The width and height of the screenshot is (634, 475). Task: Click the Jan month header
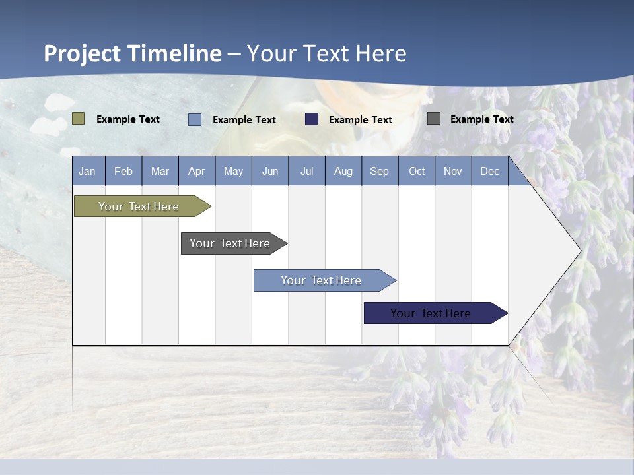click(87, 172)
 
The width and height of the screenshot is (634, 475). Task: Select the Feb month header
click(123, 172)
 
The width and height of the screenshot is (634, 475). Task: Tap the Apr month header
click(197, 172)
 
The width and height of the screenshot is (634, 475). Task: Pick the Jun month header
click(270, 172)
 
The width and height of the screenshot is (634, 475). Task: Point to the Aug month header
click(343, 172)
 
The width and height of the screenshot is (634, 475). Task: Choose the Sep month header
click(380, 172)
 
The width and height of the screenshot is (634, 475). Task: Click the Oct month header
click(417, 172)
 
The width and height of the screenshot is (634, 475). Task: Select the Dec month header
click(490, 172)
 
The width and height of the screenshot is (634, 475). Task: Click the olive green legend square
click(79, 119)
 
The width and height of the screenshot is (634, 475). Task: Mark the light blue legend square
click(195, 119)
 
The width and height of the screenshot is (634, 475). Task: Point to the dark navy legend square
click(312, 119)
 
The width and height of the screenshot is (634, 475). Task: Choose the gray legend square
click(434, 119)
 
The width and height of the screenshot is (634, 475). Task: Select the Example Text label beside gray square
click(481, 119)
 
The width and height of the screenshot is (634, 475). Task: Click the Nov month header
click(453, 172)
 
